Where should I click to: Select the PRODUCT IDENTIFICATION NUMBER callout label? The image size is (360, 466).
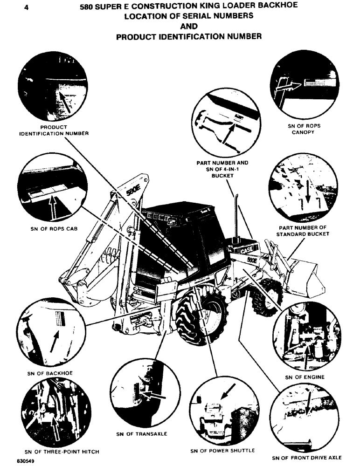54,130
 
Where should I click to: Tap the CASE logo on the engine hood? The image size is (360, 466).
249,250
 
